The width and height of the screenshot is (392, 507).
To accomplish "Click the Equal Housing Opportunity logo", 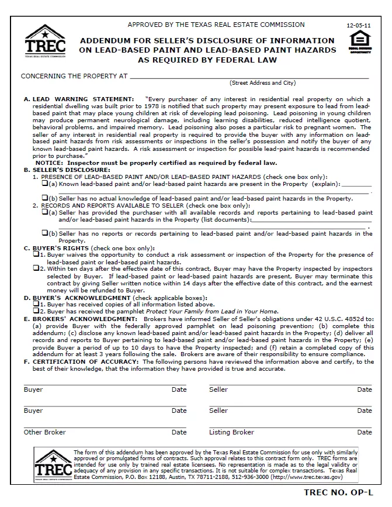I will click(x=359, y=42).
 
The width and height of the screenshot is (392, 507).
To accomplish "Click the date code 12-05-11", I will click(x=358, y=26).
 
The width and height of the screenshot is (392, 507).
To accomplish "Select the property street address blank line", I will click(x=249, y=77).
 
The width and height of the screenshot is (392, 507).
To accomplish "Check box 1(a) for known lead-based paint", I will click(x=44, y=183).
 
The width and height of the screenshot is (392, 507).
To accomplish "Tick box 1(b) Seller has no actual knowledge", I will click(x=44, y=198).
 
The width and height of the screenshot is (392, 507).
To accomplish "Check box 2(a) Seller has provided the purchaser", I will click(x=44, y=213).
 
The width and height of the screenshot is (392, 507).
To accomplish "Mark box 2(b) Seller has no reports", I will click(x=44, y=233).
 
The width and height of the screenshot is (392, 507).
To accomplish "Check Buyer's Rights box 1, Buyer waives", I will click(x=36, y=254).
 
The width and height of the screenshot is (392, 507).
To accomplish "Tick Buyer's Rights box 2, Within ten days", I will click(x=36, y=268).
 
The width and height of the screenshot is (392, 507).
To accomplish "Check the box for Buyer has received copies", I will click(x=36, y=304).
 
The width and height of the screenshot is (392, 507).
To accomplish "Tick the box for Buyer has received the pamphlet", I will click(x=36, y=311).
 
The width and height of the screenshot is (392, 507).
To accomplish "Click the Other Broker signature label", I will click(x=44, y=432).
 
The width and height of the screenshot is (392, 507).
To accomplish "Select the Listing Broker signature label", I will click(x=231, y=432).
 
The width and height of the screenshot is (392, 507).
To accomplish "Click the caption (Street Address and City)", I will click(x=262, y=83).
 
